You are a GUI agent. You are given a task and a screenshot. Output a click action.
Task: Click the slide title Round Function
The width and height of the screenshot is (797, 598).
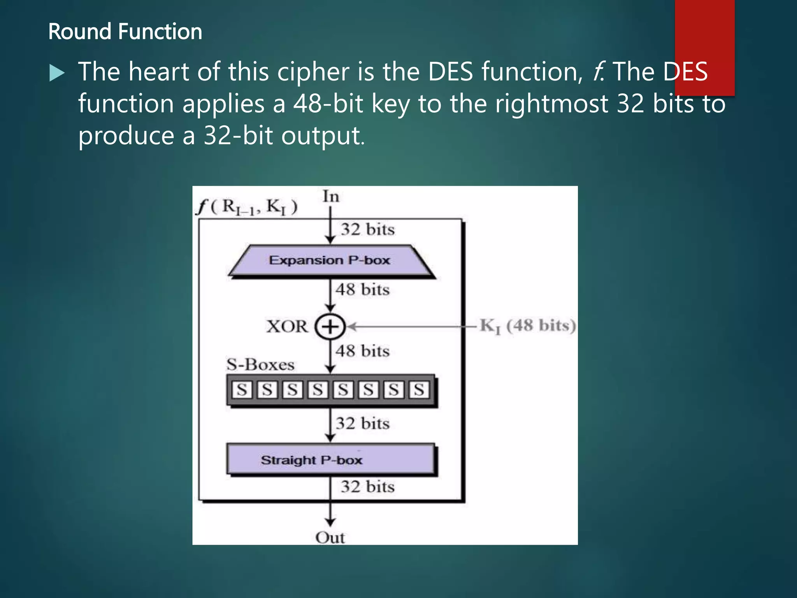click(125, 32)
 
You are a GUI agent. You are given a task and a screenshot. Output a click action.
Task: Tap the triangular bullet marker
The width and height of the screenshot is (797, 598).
click(57, 73)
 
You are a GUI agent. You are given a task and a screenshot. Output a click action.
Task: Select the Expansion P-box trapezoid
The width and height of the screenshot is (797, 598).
click(330, 260)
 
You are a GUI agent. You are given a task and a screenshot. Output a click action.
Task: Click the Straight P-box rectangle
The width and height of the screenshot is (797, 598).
click(330, 459)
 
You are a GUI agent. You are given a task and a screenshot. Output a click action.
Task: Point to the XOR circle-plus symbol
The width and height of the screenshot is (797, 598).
click(330, 327)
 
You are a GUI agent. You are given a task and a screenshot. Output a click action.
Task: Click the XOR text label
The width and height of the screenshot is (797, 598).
click(287, 327)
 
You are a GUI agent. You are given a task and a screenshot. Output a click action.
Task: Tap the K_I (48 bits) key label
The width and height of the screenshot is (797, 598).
click(527, 326)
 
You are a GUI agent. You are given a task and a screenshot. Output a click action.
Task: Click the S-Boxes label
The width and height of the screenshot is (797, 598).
click(260, 365)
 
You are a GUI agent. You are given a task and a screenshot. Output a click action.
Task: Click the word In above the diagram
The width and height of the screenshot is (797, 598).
click(331, 197)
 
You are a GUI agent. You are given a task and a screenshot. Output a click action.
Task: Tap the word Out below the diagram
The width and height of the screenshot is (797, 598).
click(330, 538)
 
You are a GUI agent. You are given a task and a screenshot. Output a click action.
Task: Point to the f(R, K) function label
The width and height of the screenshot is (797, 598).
click(247, 207)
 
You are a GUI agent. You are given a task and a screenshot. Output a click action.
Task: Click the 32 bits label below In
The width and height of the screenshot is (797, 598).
click(367, 229)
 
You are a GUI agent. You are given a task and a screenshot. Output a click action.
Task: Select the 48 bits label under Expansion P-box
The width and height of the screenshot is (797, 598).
click(362, 290)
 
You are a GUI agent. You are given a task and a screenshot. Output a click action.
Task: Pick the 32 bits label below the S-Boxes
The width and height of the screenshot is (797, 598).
click(362, 424)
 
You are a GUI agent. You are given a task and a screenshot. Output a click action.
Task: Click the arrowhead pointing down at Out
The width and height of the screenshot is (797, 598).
click(330, 522)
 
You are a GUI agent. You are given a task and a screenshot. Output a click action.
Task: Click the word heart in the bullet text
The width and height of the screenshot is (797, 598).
click(160, 72)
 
